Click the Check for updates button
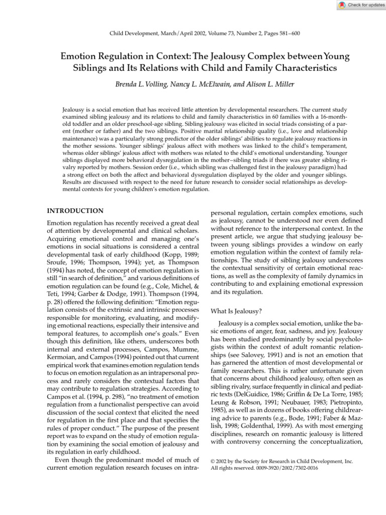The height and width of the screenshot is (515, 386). (x=360, y=5)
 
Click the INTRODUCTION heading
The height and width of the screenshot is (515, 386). (x=75, y=211)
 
